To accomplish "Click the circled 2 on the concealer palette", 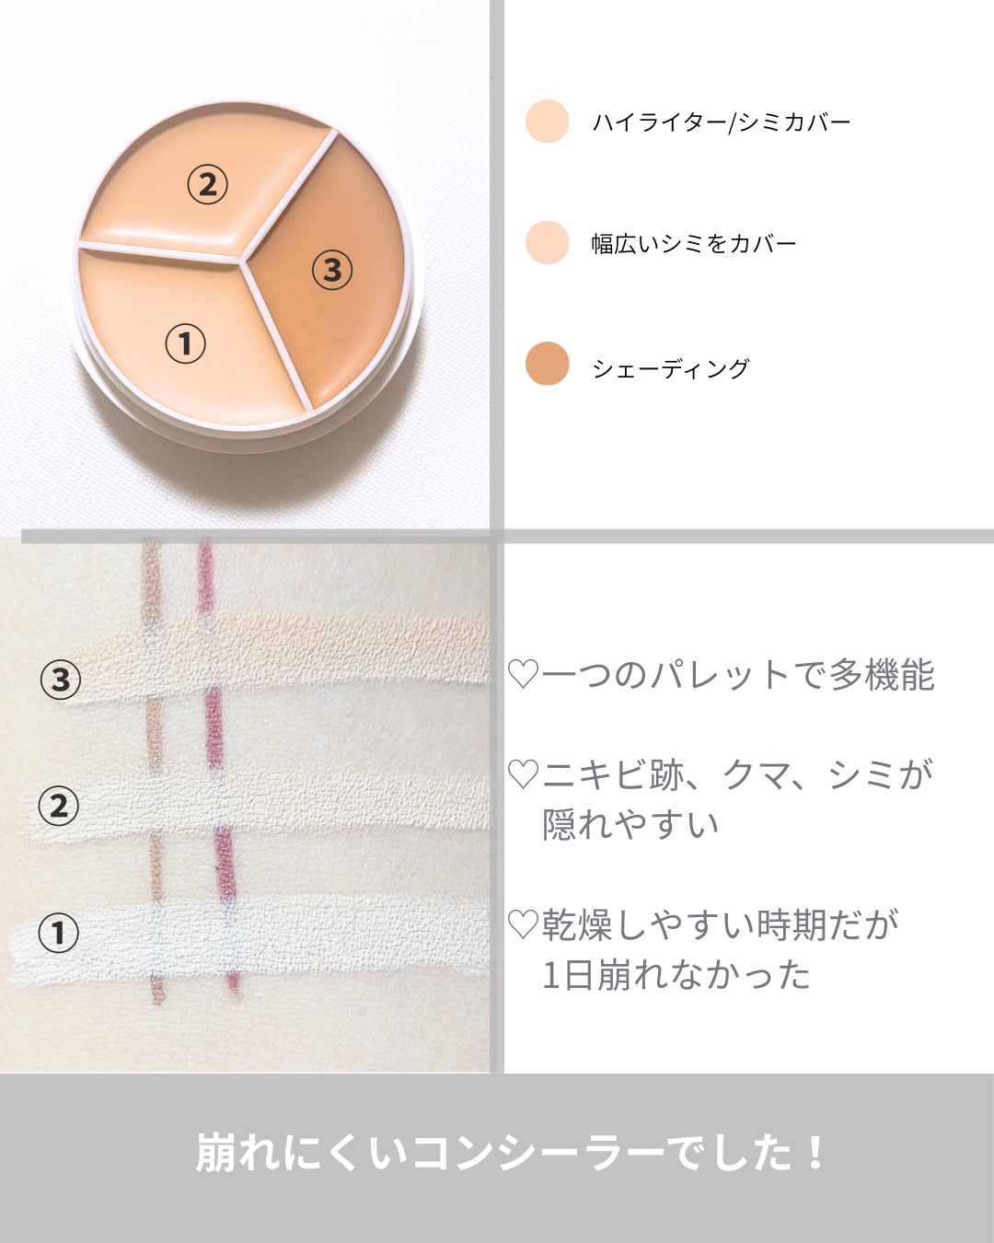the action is point(207,185).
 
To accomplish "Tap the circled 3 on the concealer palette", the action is point(332,270).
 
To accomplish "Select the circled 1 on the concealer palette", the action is point(185,343).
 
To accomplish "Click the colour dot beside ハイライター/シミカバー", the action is point(547,122).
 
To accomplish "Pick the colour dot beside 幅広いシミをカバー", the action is point(547,242).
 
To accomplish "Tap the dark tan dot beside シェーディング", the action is point(547,364).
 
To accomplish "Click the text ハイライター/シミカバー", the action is point(722,122).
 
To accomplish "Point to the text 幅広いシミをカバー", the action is point(694,244).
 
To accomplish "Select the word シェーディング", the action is point(671,368).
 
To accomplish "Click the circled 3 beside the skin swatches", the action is point(60,680).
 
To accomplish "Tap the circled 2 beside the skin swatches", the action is point(58,807).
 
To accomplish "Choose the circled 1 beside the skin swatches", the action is point(58,933).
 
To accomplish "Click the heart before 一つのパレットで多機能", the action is point(524,675).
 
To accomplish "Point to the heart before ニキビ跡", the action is point(524,774).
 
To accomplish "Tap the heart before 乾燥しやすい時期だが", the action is point(524,924).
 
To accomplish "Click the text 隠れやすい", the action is point(630,824).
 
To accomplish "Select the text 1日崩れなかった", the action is point(676,975).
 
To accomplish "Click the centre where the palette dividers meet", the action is point(245,261).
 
